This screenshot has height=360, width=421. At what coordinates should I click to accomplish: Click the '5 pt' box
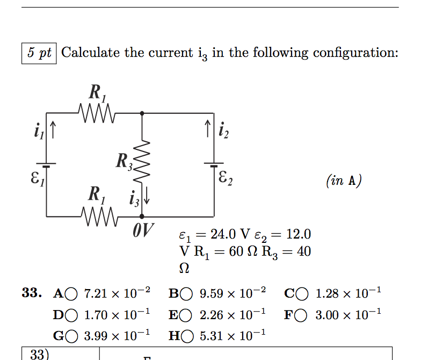[39, 53]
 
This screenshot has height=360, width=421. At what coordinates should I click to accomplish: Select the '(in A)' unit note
[344, 181]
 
